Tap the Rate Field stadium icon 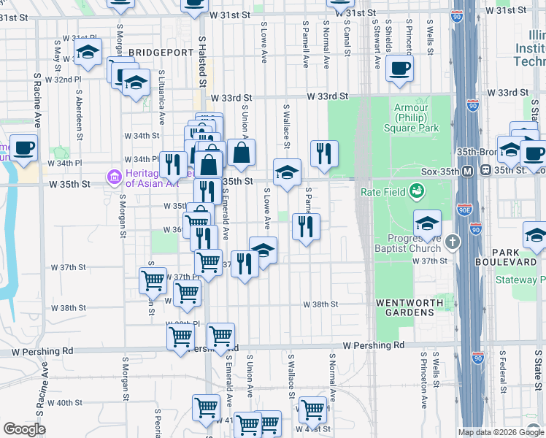(417, 192)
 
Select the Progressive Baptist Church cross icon (453, 241)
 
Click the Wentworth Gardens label (405, 307)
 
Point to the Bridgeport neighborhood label (161, 53)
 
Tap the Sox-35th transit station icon (486, 171)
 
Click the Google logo (24, 429)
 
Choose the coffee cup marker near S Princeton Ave (399, 69)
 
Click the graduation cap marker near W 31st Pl (87, 53)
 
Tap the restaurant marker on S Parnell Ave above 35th (324, 153)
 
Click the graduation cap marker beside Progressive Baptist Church (427, 223)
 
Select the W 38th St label (320, 304)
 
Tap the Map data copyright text (500, 432)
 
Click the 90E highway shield (465, 209)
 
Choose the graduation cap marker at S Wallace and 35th (287, 172)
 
